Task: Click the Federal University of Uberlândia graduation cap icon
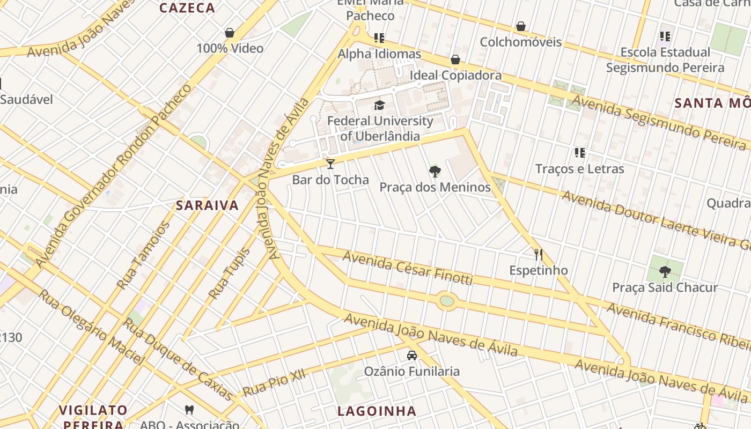(x=380, y=105)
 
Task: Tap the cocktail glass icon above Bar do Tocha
(x=330, y=164)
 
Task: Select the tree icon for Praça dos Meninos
(x=435, y=172)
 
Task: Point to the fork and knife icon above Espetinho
(x=539, y=254)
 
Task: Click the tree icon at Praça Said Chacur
(x=665, y=272)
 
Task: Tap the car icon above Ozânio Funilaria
(x=412, y=355)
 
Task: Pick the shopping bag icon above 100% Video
(x=230, y=33)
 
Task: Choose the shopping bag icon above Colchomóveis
(x=520, y=26)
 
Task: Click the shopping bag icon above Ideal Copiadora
(x=455, y=60)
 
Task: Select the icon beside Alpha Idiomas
(x=379, y=38)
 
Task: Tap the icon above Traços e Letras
(x=579, y=153)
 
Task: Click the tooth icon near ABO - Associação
(x=189, y=410)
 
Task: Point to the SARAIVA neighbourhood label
(x=207, y=205)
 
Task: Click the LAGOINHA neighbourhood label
(x=377, y=411)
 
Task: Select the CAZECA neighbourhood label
(x=187, y=8)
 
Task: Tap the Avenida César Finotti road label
(x=407, y=268)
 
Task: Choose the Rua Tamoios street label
(x=143, y=256)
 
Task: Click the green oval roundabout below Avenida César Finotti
(x=446, y=301)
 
